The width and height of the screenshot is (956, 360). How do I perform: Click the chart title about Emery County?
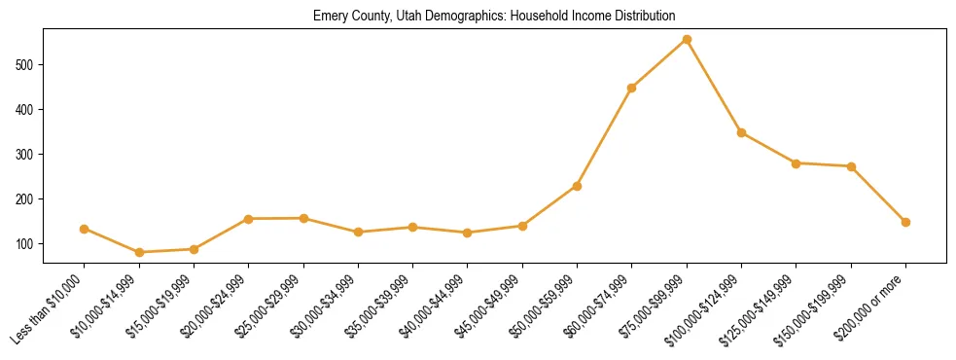(x=494, y=17)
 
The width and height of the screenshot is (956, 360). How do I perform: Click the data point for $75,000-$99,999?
(x=687, y=40)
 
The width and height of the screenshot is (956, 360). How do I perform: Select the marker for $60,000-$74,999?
(x=632, y=88)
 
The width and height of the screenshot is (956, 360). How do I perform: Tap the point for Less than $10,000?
(x=85, y=229)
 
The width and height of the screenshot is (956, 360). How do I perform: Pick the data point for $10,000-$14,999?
(x=139, y=252)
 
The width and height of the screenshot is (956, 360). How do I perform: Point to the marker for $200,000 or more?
(x=905, y=222)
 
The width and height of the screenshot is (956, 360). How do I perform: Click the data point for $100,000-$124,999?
(x=741, y=132)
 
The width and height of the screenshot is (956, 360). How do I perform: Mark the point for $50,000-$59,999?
(x=578, y=186)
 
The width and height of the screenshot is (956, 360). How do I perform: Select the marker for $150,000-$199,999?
(x=851, y=166)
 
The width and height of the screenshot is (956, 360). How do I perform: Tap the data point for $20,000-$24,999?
(x=249, y=219)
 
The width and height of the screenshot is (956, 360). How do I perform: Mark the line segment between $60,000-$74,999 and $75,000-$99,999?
(x=659, y=64)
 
